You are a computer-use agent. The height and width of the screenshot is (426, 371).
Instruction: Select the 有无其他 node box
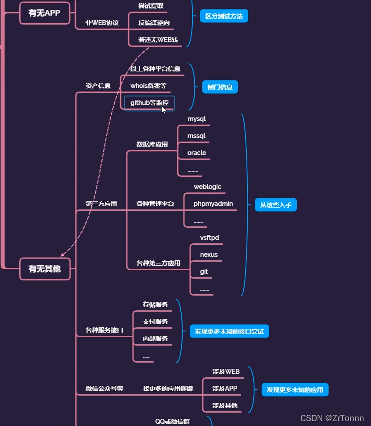click(x=45, y=269)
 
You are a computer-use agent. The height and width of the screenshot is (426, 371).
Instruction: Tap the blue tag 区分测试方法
click(x=224, y=16)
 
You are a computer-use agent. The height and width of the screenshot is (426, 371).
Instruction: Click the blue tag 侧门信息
click(x=220, y=87)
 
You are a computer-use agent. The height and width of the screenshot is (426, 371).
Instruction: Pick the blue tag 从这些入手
click(x=275, y=205)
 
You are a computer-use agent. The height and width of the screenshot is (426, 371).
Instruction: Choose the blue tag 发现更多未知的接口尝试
click(x=229, y=331)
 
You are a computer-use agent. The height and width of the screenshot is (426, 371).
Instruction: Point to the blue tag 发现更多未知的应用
click(x=295, y=389)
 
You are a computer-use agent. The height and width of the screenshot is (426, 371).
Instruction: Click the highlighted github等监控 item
click(x=149, y=103)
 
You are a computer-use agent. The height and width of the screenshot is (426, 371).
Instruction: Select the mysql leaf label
click(x=196, y=119)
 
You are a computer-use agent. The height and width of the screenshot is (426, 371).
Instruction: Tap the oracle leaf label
click(x=196, y=153)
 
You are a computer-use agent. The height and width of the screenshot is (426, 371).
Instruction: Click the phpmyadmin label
click(x=213, y=204)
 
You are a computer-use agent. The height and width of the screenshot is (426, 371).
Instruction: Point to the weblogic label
click(x=207, y=187)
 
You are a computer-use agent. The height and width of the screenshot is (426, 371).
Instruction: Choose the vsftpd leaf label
click(x=209, y=238)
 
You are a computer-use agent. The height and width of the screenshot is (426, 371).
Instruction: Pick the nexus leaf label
click(x=208, y=255)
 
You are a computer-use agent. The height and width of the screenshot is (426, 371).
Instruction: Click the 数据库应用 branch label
click(x=152, y=144)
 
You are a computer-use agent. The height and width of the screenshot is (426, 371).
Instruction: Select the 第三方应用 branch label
click(x=101, y=204)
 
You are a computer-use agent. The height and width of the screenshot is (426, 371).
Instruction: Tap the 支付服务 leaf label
click(x=155, y=322)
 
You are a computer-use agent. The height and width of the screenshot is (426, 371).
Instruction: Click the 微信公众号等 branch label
click(x=104, y=388)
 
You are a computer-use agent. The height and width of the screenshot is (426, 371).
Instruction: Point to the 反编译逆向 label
click(x=154, y=23)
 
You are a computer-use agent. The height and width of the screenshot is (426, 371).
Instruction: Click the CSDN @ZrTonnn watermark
click(x=332, y=418)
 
